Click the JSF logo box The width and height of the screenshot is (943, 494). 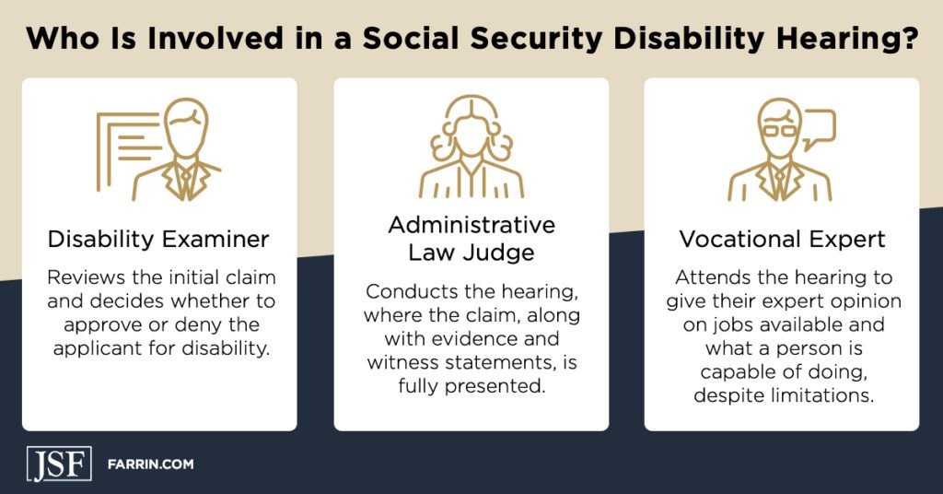58,464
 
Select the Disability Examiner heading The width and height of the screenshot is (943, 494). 158,240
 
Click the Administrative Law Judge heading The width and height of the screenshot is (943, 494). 471,239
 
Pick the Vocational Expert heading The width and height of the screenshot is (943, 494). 782,240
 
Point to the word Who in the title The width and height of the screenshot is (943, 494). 58,41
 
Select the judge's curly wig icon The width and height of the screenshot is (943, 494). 471,134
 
